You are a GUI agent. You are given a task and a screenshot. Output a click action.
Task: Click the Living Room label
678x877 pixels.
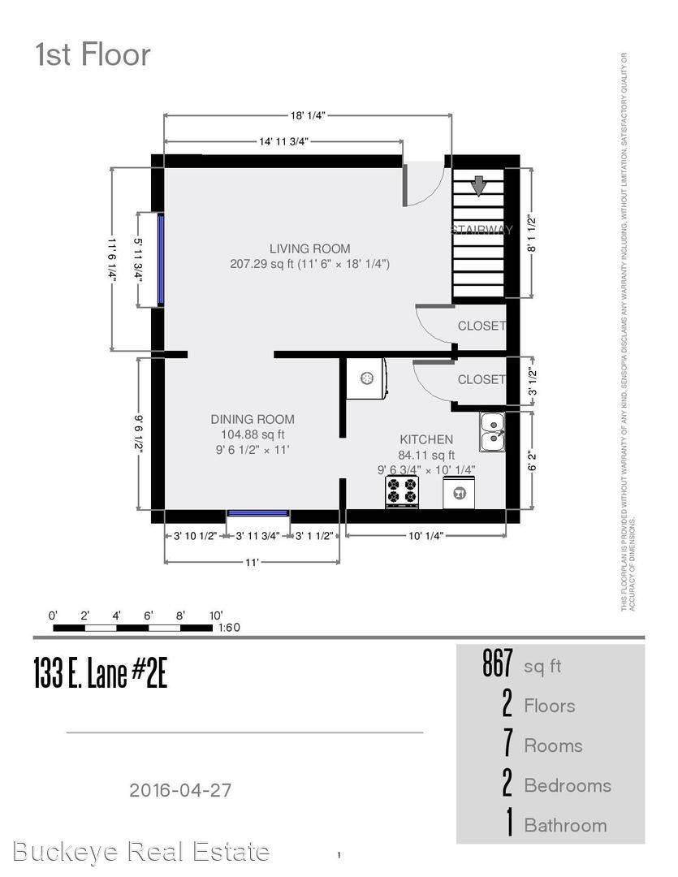(309, 248)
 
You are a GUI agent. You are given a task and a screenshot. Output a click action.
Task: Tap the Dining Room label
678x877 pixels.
(253, 419)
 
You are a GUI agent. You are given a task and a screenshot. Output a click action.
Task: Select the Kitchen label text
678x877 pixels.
(425, 439)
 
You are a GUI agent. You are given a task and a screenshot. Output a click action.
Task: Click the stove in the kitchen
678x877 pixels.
(402, 491)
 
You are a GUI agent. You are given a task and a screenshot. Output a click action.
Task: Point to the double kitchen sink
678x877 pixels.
(491, 431)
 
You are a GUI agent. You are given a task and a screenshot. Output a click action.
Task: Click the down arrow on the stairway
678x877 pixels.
(479, 186)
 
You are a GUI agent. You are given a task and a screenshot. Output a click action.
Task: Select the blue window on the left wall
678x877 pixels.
(161, 259)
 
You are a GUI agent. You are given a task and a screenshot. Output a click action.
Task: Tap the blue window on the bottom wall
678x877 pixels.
(257, 513)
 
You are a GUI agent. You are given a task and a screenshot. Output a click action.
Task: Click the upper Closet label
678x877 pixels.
(482, 326)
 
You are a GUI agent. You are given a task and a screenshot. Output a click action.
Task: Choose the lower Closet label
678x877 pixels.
(482, 379)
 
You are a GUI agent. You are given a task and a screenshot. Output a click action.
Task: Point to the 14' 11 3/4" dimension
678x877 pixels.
(283, 141)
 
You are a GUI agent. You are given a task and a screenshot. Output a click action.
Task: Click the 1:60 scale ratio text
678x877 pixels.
(230, 628)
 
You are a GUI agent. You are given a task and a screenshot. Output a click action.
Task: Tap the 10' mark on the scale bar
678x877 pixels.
(214, 616)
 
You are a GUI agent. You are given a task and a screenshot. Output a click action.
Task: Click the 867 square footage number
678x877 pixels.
(498, 665)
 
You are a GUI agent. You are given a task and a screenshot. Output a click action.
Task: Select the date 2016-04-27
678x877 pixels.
(185, 788)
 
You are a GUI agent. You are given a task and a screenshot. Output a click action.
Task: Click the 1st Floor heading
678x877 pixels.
(92, 55)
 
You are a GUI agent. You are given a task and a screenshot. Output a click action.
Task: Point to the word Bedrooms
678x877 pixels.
(567, 785)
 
